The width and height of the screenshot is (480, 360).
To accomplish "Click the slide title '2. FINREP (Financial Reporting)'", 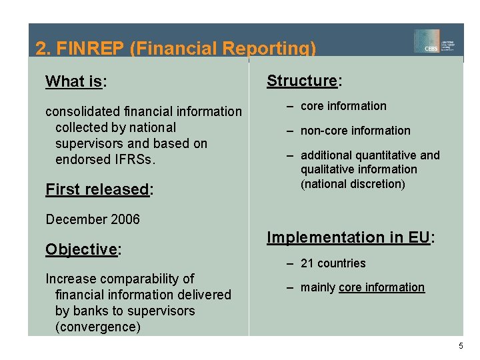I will [175, 49].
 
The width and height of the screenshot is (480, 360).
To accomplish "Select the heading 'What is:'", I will [76, 82].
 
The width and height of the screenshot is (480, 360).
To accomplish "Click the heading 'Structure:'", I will [304, 81].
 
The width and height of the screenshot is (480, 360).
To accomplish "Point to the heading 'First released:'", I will [99, 189].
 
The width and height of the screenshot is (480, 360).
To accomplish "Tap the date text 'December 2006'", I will [93, 219].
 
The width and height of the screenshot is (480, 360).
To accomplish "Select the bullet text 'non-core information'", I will [355, 131].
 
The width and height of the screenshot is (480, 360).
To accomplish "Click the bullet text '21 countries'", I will [333, 263].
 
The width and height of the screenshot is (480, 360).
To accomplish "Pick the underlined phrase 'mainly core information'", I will [362, 287].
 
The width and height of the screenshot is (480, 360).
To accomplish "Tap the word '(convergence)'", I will [98, 327].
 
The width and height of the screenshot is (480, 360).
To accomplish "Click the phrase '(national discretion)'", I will [353, 184].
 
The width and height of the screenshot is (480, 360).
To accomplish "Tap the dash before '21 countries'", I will [291, 263].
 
